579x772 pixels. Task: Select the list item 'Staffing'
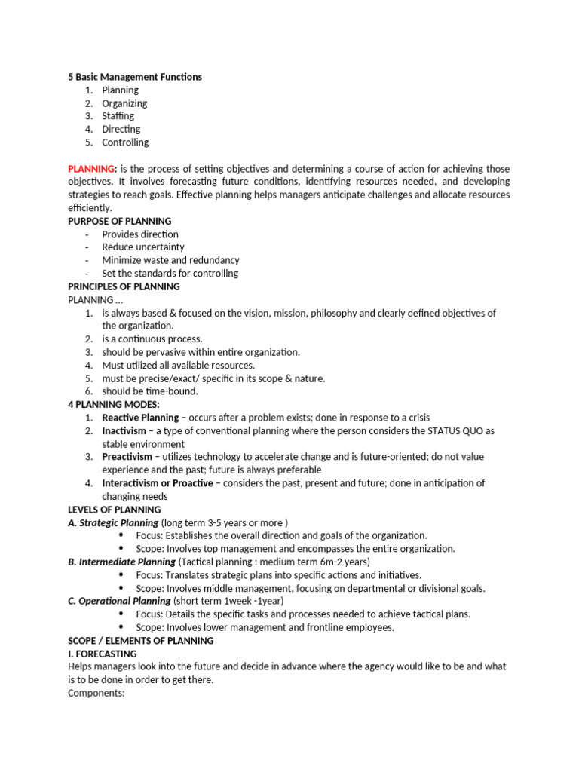coord(118,116)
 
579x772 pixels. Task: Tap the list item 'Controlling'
coord(125,142)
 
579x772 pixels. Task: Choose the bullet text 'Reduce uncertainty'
coord(143,247)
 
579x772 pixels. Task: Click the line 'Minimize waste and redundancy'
coord(170,260)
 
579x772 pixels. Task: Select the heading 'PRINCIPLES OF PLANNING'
coord(124,286)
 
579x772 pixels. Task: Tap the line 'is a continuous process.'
coord(152,339)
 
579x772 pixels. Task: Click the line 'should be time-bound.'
coord(150,391)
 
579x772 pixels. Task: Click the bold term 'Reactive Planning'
coord(140,418)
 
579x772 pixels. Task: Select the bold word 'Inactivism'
coord(124,431)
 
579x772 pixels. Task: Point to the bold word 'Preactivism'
coord(127,457)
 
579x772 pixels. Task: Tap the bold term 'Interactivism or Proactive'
coord(158,483)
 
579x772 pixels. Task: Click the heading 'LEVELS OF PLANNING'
coord(114,510)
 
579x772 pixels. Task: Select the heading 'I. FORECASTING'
coord(103,654)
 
